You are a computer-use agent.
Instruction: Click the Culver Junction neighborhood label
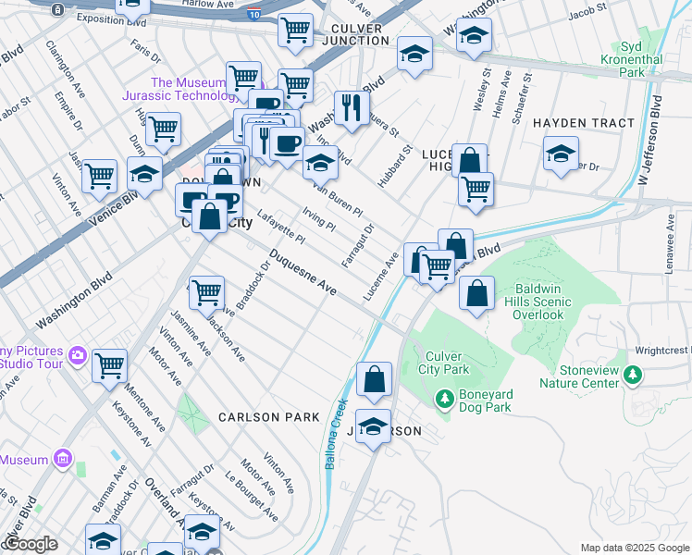click(x=355, y=33)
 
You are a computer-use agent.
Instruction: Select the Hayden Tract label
click(x=584, y=122)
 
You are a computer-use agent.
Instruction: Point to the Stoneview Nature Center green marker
click(x=633, y=375)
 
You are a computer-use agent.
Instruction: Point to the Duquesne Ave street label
click(x=303, y=273)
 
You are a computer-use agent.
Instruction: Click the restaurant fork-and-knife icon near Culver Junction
click(x=349, y=107)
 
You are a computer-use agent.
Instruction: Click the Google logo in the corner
click(x=30, y=544)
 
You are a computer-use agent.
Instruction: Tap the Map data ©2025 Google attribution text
click(x=634, y=548)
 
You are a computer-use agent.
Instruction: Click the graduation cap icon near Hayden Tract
click(x=561, y=154)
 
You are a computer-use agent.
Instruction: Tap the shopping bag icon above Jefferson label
click(x=374, y=379)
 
